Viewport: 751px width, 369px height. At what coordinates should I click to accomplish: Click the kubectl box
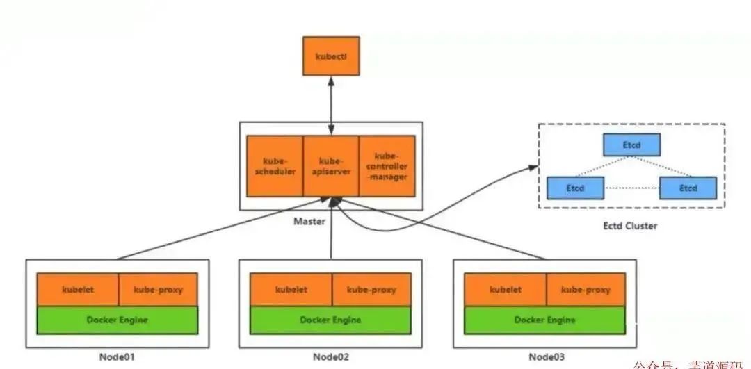pyautogui.click(x=331, y=56)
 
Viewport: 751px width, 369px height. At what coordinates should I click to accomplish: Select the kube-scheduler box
pyautogui.click(x=275, y=165)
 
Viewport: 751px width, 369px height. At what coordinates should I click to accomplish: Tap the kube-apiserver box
pyautogui.click(x=331, y=165)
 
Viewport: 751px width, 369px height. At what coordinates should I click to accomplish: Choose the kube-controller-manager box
pyautogui.click(x=387, y=165)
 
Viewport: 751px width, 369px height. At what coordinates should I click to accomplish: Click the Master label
pyautogui.click(x=331, y=222)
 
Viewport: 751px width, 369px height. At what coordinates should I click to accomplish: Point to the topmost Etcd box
pyautogui.click(x=631, y=145)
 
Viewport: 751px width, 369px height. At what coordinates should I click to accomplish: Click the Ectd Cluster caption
pyautogui.click(x=631, y=226)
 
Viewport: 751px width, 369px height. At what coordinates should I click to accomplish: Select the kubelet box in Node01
pyautogui.click(x=78, y=289)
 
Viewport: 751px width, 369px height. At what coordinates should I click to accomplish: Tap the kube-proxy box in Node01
pyautogui.click(x=158, y=289)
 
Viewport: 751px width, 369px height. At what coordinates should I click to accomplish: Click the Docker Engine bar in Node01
pyautogui.click(x=118, y=320)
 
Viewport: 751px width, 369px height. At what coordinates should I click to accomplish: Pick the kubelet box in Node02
pyautogui.click(x=291, y=289)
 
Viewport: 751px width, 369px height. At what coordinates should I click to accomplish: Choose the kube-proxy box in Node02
pyautogui.click(x=371, y=289)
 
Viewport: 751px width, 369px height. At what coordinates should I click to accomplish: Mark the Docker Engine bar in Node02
pyautogui.click(x=330, y=320)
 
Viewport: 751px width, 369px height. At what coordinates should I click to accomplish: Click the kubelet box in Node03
pyautogui.click(x=505, y=289)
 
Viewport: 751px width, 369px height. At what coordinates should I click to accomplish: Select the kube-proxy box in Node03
pyautogui.click(x=586, y=289)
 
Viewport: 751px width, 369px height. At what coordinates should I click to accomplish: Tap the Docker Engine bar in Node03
pyautogui.click(x=544, y=320)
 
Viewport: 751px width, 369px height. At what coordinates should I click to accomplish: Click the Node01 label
pyautogui.click(x=117, y=358)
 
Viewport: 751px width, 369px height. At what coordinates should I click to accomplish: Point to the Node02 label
pyautogui.click(x=330, y=358)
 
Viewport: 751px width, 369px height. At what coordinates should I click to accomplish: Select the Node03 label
pyautogui.click(x=544, y=358)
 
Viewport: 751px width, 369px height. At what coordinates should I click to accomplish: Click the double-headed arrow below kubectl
pyautogui.click(x=331, y=104)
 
